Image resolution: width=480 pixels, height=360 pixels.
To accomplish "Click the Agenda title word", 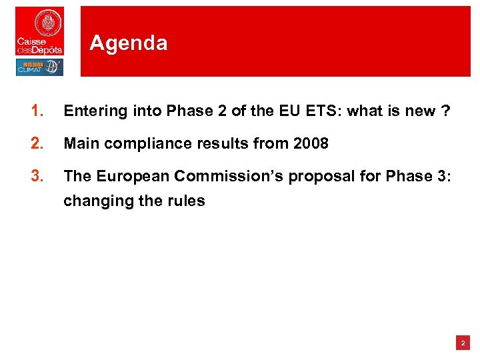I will pyautogui.click(x=128, y=43).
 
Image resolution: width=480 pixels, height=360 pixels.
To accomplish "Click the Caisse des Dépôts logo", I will pyautogui.click(x=39, y=31).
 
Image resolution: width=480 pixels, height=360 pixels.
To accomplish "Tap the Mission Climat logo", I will pyautogui.click(x=39, y=67).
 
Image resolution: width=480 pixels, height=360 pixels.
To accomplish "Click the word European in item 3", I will pyautogui.click(x=129, y=176).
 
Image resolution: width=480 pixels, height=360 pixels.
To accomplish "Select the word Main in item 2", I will pyautogui.click(x=79, y=143).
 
